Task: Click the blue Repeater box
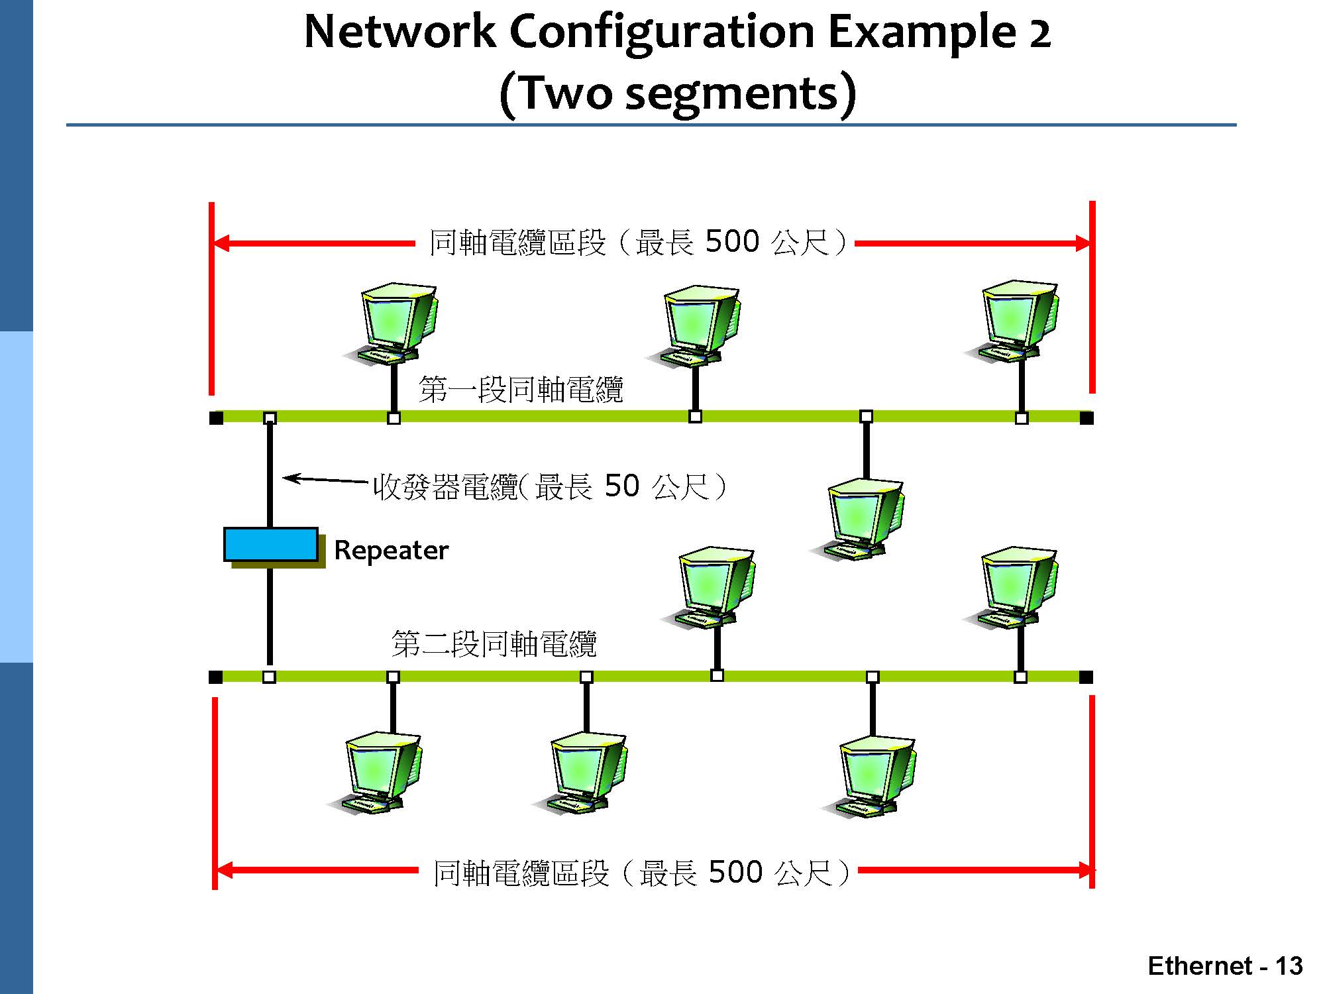pyautogui.click(x=270, y=544)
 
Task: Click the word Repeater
pyautogui.click(x=391, y=550)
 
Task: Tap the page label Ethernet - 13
pyautogui.click(x=1224, y=966)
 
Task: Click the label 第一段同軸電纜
pyautogui.click(x=521, y=389)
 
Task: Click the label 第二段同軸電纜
pyautogui.click(x=494, y=643)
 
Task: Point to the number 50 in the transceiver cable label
pyautogui.click(x=621, y=486)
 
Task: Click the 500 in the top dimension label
pyautogui.click(x=732, y=241)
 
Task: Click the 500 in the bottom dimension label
pyautogui.click(x=735, y=872)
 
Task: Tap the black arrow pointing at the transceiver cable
pyautogui.click(x=325, y=478)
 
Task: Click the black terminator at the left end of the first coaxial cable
pyautogui.click(x=216, y=417)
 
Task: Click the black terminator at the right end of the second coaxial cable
pyautogui.click(x=1086, y=677)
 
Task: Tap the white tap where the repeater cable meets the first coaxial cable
pyautogui.click(x=270, y=417)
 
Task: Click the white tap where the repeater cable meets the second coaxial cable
pyautogui.click(x=269, y=677)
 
